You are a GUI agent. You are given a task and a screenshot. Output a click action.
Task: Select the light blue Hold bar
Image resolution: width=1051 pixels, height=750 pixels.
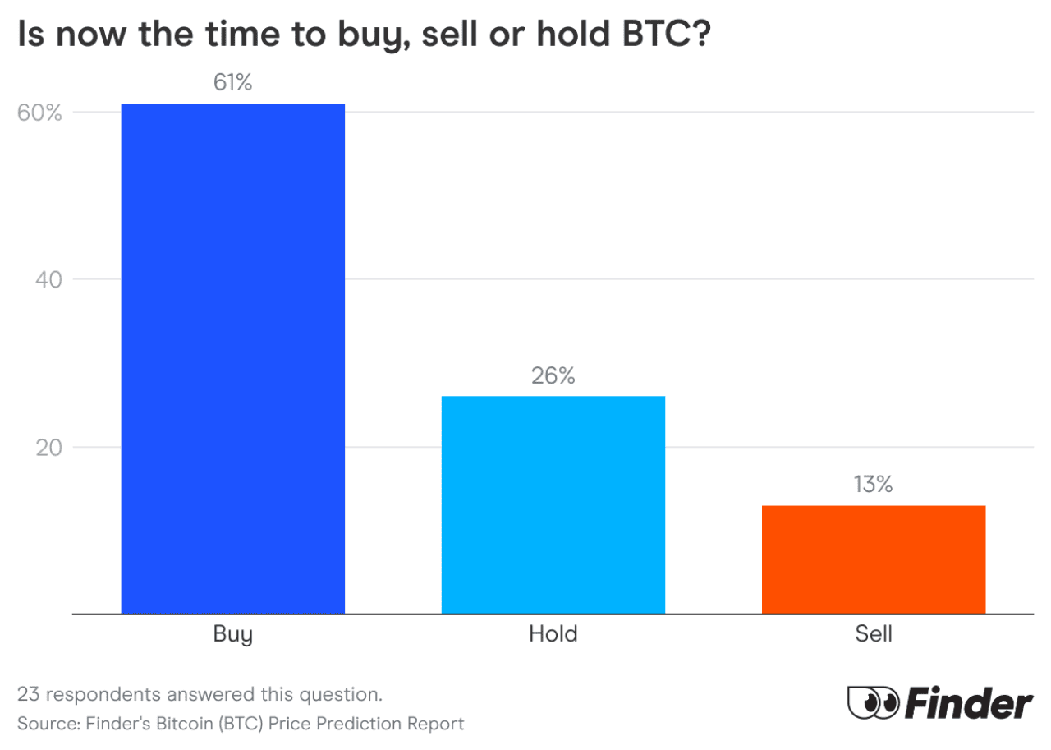[553, 504]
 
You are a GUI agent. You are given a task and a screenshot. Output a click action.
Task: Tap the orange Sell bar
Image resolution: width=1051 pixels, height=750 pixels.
[873, 559]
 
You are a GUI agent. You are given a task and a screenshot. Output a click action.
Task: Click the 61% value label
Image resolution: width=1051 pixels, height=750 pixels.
[232, 83]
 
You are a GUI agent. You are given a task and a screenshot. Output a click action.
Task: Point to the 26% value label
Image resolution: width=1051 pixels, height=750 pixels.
[553, 375]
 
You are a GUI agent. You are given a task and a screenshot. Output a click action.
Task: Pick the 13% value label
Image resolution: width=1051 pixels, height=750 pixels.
[873, 485]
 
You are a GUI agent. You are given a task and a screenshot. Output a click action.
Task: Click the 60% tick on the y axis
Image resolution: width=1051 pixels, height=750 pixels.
[40, 113]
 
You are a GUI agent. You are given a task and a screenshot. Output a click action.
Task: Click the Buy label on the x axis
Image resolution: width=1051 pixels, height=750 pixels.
[232, 635]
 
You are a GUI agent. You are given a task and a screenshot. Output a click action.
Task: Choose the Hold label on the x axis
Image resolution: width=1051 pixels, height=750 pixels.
[553, 634]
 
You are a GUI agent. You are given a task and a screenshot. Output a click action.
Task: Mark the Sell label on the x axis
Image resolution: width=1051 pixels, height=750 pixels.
[873, 634]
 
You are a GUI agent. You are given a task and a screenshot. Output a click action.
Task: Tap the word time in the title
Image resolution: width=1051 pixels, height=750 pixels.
[207, 36]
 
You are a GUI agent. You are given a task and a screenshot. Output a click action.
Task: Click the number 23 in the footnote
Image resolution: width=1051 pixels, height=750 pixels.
[29, 695]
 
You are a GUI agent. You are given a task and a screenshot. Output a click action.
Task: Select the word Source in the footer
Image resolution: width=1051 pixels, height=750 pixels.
[43, 724]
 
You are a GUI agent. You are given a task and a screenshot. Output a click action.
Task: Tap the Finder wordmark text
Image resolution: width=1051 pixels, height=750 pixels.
[968, 703]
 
